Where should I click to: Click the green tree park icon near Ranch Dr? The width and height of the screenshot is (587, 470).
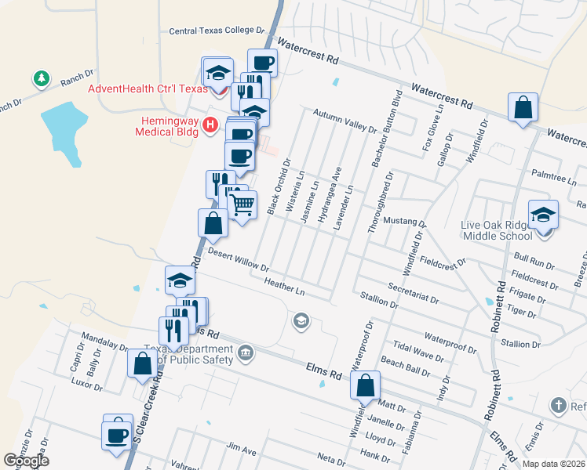pos(41,78)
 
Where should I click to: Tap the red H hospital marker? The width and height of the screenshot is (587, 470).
pos(210,125)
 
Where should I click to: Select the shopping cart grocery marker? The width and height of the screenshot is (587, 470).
pos(242,206)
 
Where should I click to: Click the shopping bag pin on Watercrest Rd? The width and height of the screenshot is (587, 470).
pos(523,107)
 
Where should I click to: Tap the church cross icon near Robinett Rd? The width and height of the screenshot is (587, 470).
pos(558,405)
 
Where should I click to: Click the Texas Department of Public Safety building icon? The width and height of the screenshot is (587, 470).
pos(246,352)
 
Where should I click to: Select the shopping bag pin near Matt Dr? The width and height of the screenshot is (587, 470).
pos(366,385)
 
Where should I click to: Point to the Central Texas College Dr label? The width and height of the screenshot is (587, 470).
pos(217,31)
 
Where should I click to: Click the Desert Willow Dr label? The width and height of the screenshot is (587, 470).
pos(239,261)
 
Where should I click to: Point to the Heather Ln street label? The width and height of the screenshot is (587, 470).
pos(284,286)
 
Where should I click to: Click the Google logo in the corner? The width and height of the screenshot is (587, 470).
pos(26,461)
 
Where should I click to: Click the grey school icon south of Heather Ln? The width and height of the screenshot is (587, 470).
pos(300,320)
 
